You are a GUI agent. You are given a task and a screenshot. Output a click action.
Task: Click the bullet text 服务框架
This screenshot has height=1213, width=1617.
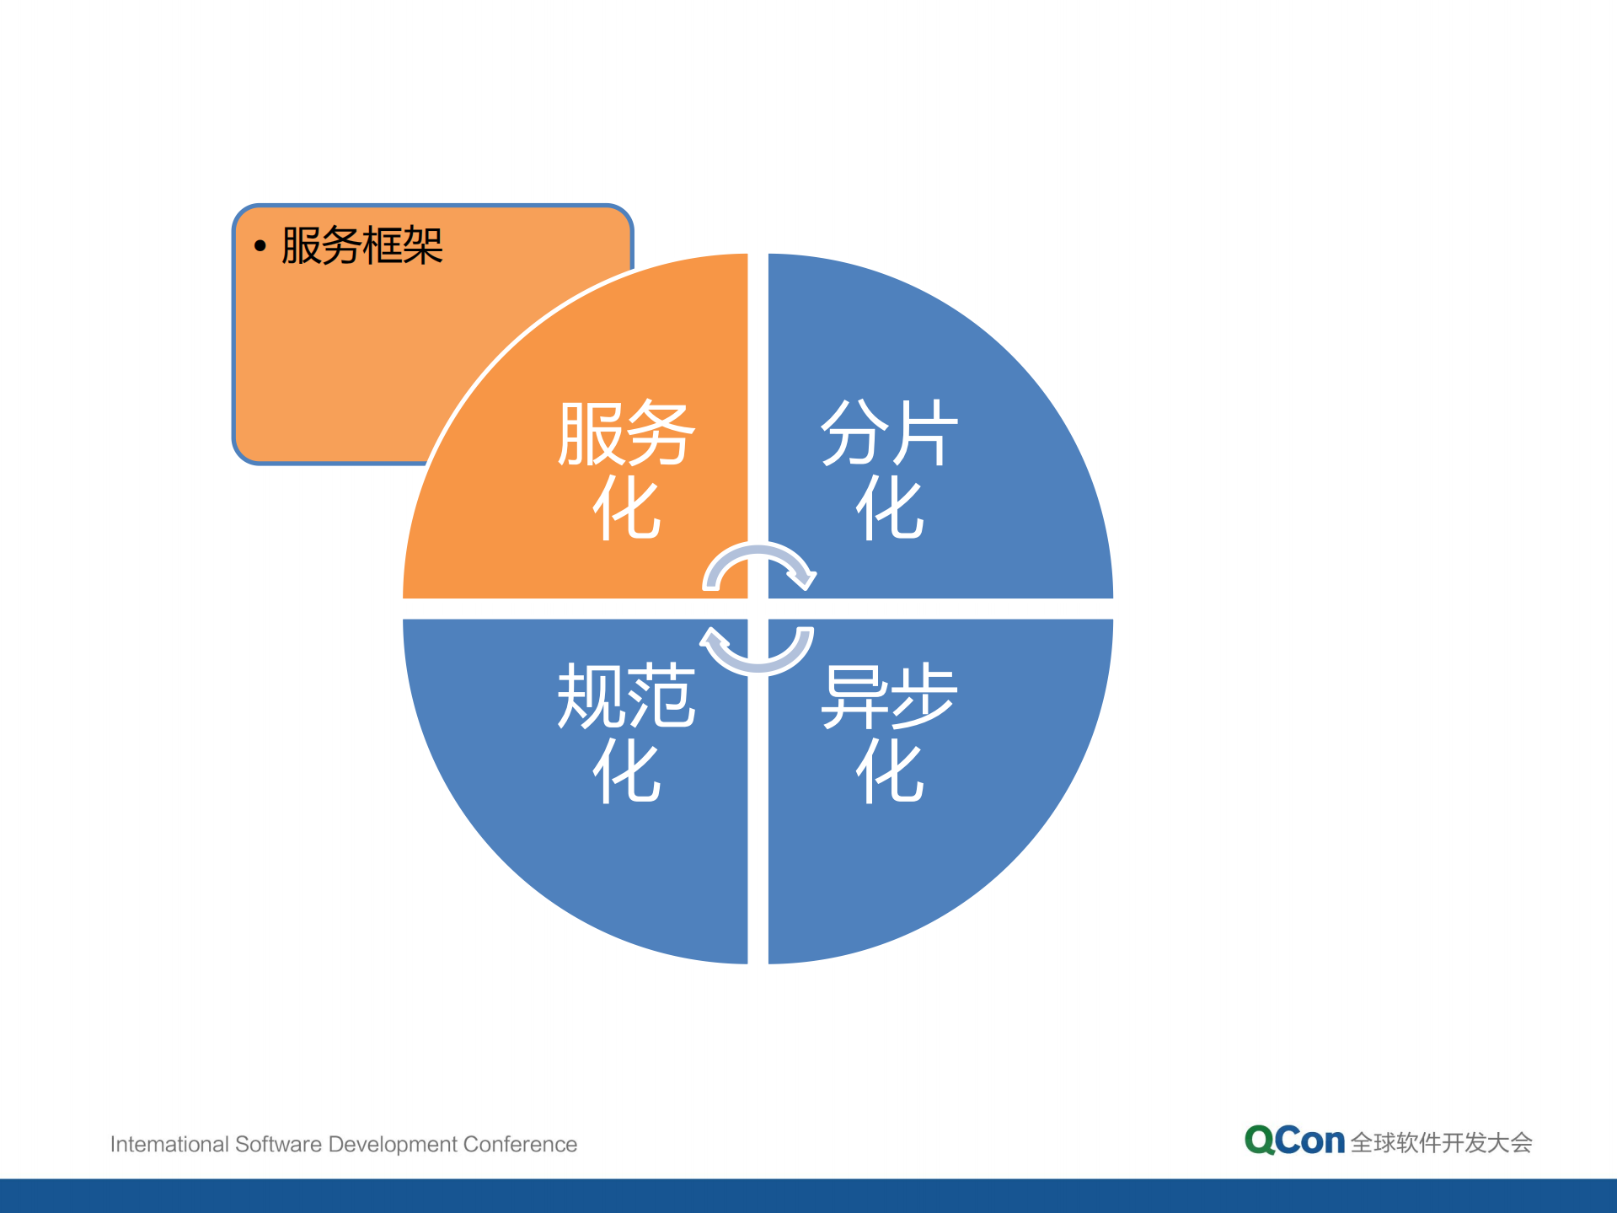pos(361,246)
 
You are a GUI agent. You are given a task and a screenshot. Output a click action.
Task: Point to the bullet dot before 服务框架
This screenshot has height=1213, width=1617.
pos(260,246)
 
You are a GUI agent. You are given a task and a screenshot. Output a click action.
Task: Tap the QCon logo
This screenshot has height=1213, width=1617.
pos(1293,1141)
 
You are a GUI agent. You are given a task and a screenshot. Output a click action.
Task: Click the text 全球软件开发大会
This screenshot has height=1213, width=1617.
pos(1441,1143)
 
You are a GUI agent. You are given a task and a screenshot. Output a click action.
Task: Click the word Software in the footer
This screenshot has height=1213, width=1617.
pos(279,1144)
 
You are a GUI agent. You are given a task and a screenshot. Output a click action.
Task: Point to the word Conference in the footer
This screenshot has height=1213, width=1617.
pos(520,1144)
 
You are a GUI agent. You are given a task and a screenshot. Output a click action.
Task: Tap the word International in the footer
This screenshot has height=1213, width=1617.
pos(169,1144)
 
